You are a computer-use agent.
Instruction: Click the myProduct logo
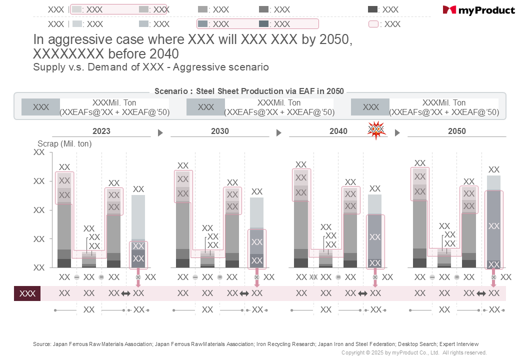478,10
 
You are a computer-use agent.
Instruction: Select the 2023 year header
101,131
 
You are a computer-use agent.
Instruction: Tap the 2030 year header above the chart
220,131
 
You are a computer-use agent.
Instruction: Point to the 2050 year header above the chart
457,131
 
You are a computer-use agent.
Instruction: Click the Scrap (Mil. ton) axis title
65,143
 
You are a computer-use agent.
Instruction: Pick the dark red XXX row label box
27,293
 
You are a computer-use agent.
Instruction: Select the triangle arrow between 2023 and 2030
160,133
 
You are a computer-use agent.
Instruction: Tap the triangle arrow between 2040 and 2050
397,133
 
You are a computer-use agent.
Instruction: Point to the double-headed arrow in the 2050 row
481,293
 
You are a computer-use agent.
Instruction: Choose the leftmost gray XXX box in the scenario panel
40,107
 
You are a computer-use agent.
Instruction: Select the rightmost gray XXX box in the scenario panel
370,107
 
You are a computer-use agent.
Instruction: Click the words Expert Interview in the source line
458,344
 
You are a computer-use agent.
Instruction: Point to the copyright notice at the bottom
414,352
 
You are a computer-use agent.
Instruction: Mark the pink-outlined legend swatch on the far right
373,24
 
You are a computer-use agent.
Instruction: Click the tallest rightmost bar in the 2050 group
493,222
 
